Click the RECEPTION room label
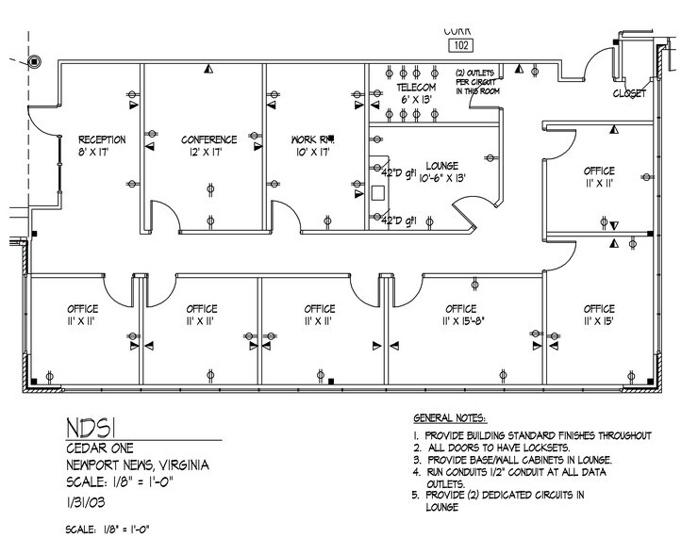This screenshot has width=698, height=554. [x=102, y=139]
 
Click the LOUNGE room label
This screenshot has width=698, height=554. [x=441, y=164]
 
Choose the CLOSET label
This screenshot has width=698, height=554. [x=629, y=94]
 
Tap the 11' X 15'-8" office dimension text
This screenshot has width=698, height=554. [x=460, y=321]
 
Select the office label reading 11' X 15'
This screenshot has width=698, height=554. [x=598, y=321]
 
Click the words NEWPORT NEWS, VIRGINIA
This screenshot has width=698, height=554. [x=138, y=466]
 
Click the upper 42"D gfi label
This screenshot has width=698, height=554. [x=397, y=173]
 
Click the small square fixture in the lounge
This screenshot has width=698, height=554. [x=378, y=192]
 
